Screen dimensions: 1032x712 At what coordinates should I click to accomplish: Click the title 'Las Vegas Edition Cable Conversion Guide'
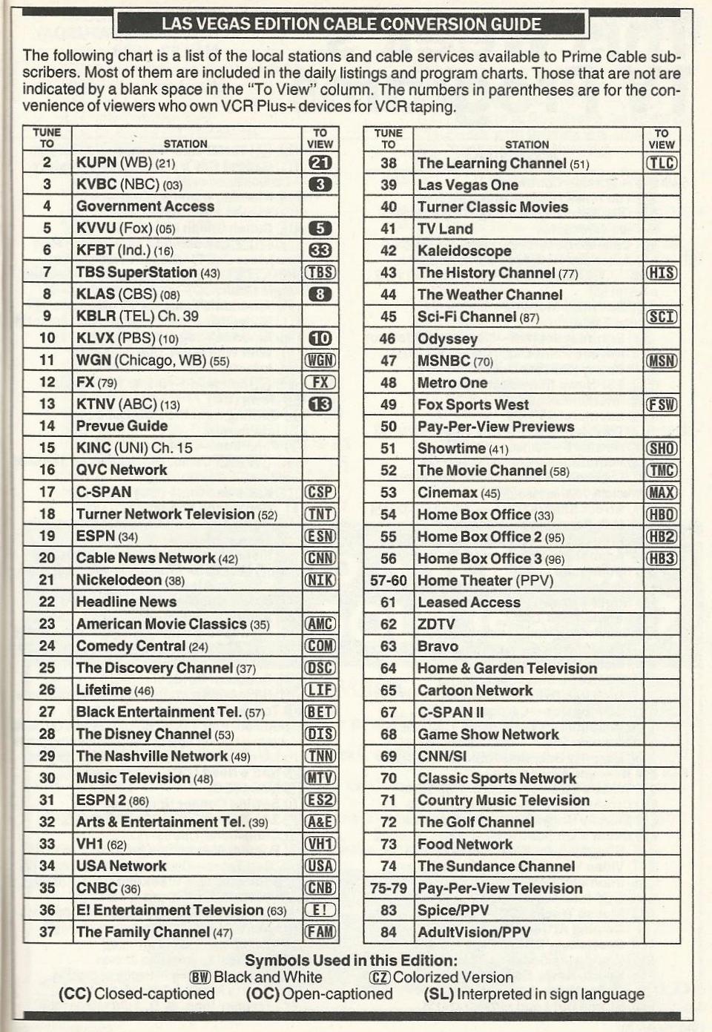[352, 24]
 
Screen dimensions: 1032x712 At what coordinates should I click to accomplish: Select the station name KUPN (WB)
[113, 162]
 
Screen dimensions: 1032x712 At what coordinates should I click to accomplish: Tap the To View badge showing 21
[320, 162]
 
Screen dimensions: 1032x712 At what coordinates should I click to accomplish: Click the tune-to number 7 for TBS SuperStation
[47, 272]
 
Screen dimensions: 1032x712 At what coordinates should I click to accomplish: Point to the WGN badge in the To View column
[320, 361]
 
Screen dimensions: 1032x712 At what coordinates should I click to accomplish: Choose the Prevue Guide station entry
[122, 426]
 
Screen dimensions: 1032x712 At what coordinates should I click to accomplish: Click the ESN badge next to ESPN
[320, 536]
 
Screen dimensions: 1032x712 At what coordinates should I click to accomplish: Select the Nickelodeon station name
[119, 580]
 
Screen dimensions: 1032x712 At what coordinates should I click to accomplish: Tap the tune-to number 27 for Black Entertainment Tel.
[47, 712]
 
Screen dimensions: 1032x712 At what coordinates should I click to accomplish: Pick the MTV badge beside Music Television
[320, 778]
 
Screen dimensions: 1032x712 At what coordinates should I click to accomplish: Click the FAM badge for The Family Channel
[320, 932]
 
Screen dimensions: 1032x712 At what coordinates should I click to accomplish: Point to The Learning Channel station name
[492, 163]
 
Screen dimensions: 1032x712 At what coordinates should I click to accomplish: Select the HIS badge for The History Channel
[662, 273]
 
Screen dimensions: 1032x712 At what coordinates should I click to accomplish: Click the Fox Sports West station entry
[473, 405]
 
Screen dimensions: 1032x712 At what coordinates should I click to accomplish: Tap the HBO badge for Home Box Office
[662, 515]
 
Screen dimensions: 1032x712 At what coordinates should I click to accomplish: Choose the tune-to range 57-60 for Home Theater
[389, 581]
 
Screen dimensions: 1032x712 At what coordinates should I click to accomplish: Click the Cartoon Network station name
[475, 691]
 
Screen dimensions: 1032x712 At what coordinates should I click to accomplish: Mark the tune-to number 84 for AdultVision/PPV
[389, 933]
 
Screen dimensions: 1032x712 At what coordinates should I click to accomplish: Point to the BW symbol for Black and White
[200, 977]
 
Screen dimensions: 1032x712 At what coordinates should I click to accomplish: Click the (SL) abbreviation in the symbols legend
[438, 994]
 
